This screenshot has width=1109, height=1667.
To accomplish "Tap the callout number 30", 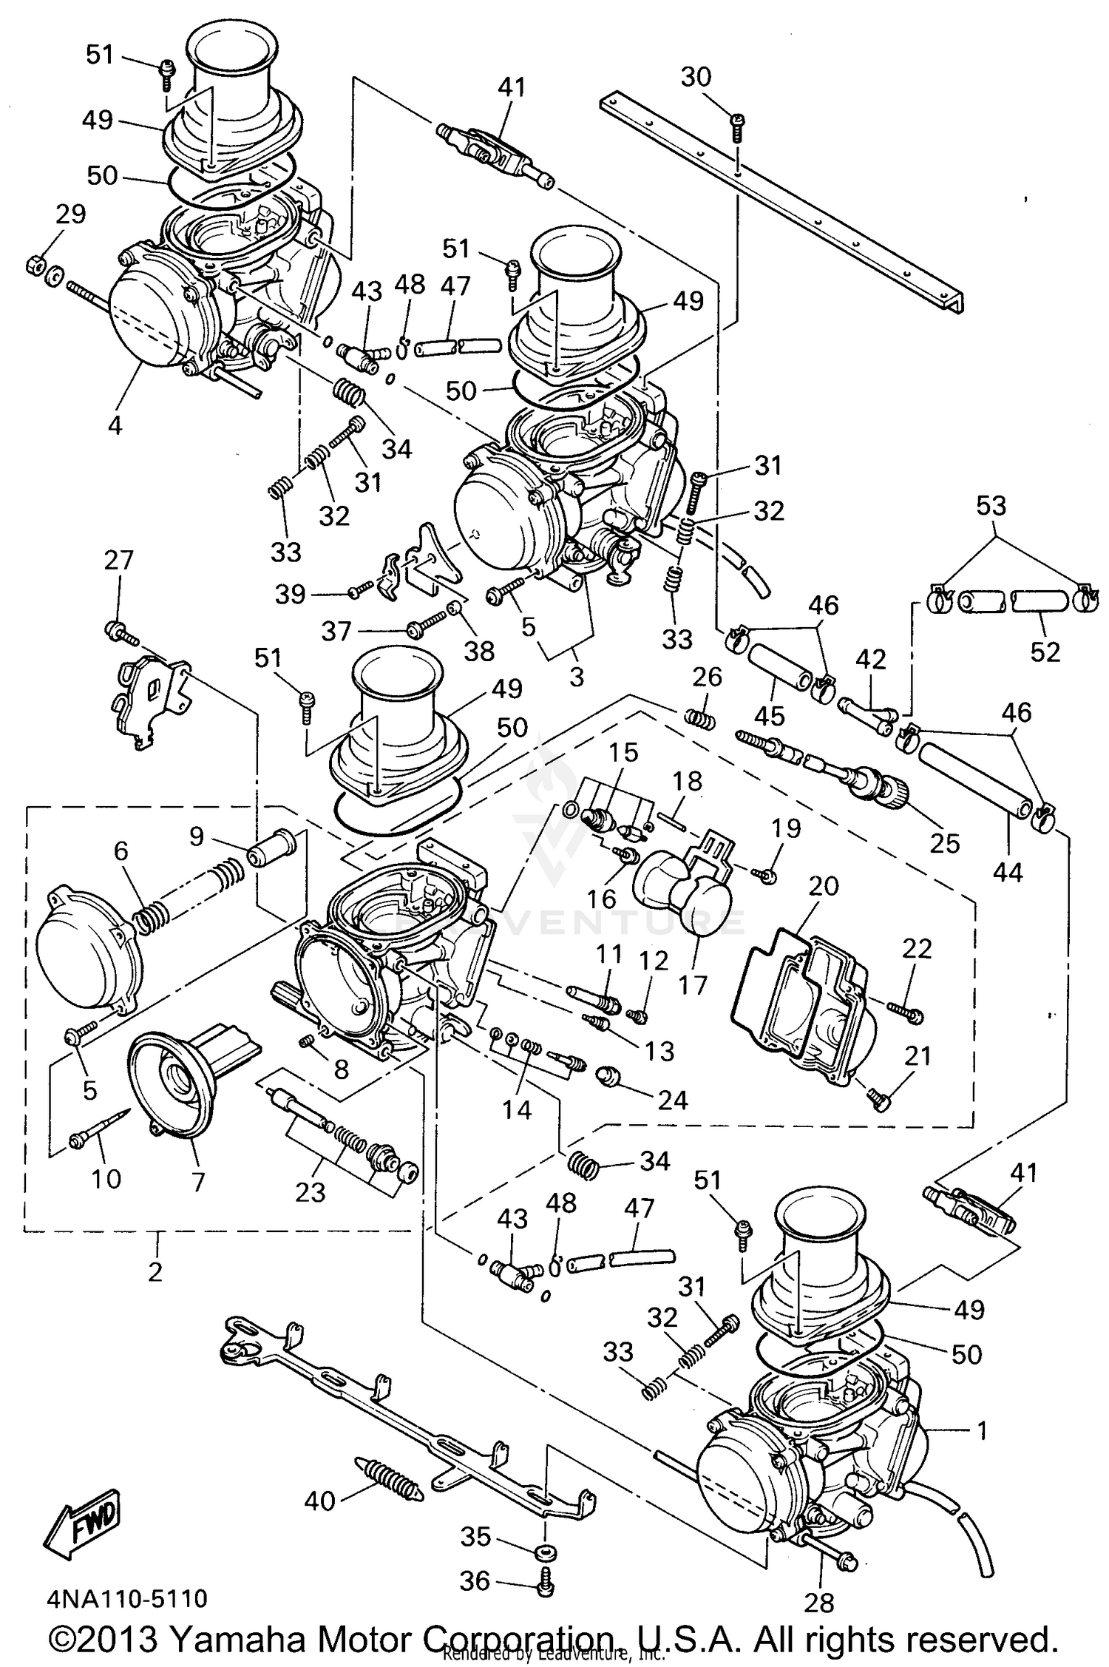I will (695, 76).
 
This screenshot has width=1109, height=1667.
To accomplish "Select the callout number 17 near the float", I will (693, 984).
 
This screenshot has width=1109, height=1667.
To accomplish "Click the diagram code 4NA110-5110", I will (127, 1597).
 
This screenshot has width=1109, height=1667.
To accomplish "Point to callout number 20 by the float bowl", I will (824, 885).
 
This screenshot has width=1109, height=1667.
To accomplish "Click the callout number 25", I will (944, 842).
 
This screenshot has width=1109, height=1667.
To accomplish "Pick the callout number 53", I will (991, 506).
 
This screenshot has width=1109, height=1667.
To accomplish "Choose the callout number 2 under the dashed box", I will (155, 1271).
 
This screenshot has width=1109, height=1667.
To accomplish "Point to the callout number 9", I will (196, 836).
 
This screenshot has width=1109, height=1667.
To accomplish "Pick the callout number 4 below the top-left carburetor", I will (115, 425).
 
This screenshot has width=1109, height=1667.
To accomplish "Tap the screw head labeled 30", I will (737, 120).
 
